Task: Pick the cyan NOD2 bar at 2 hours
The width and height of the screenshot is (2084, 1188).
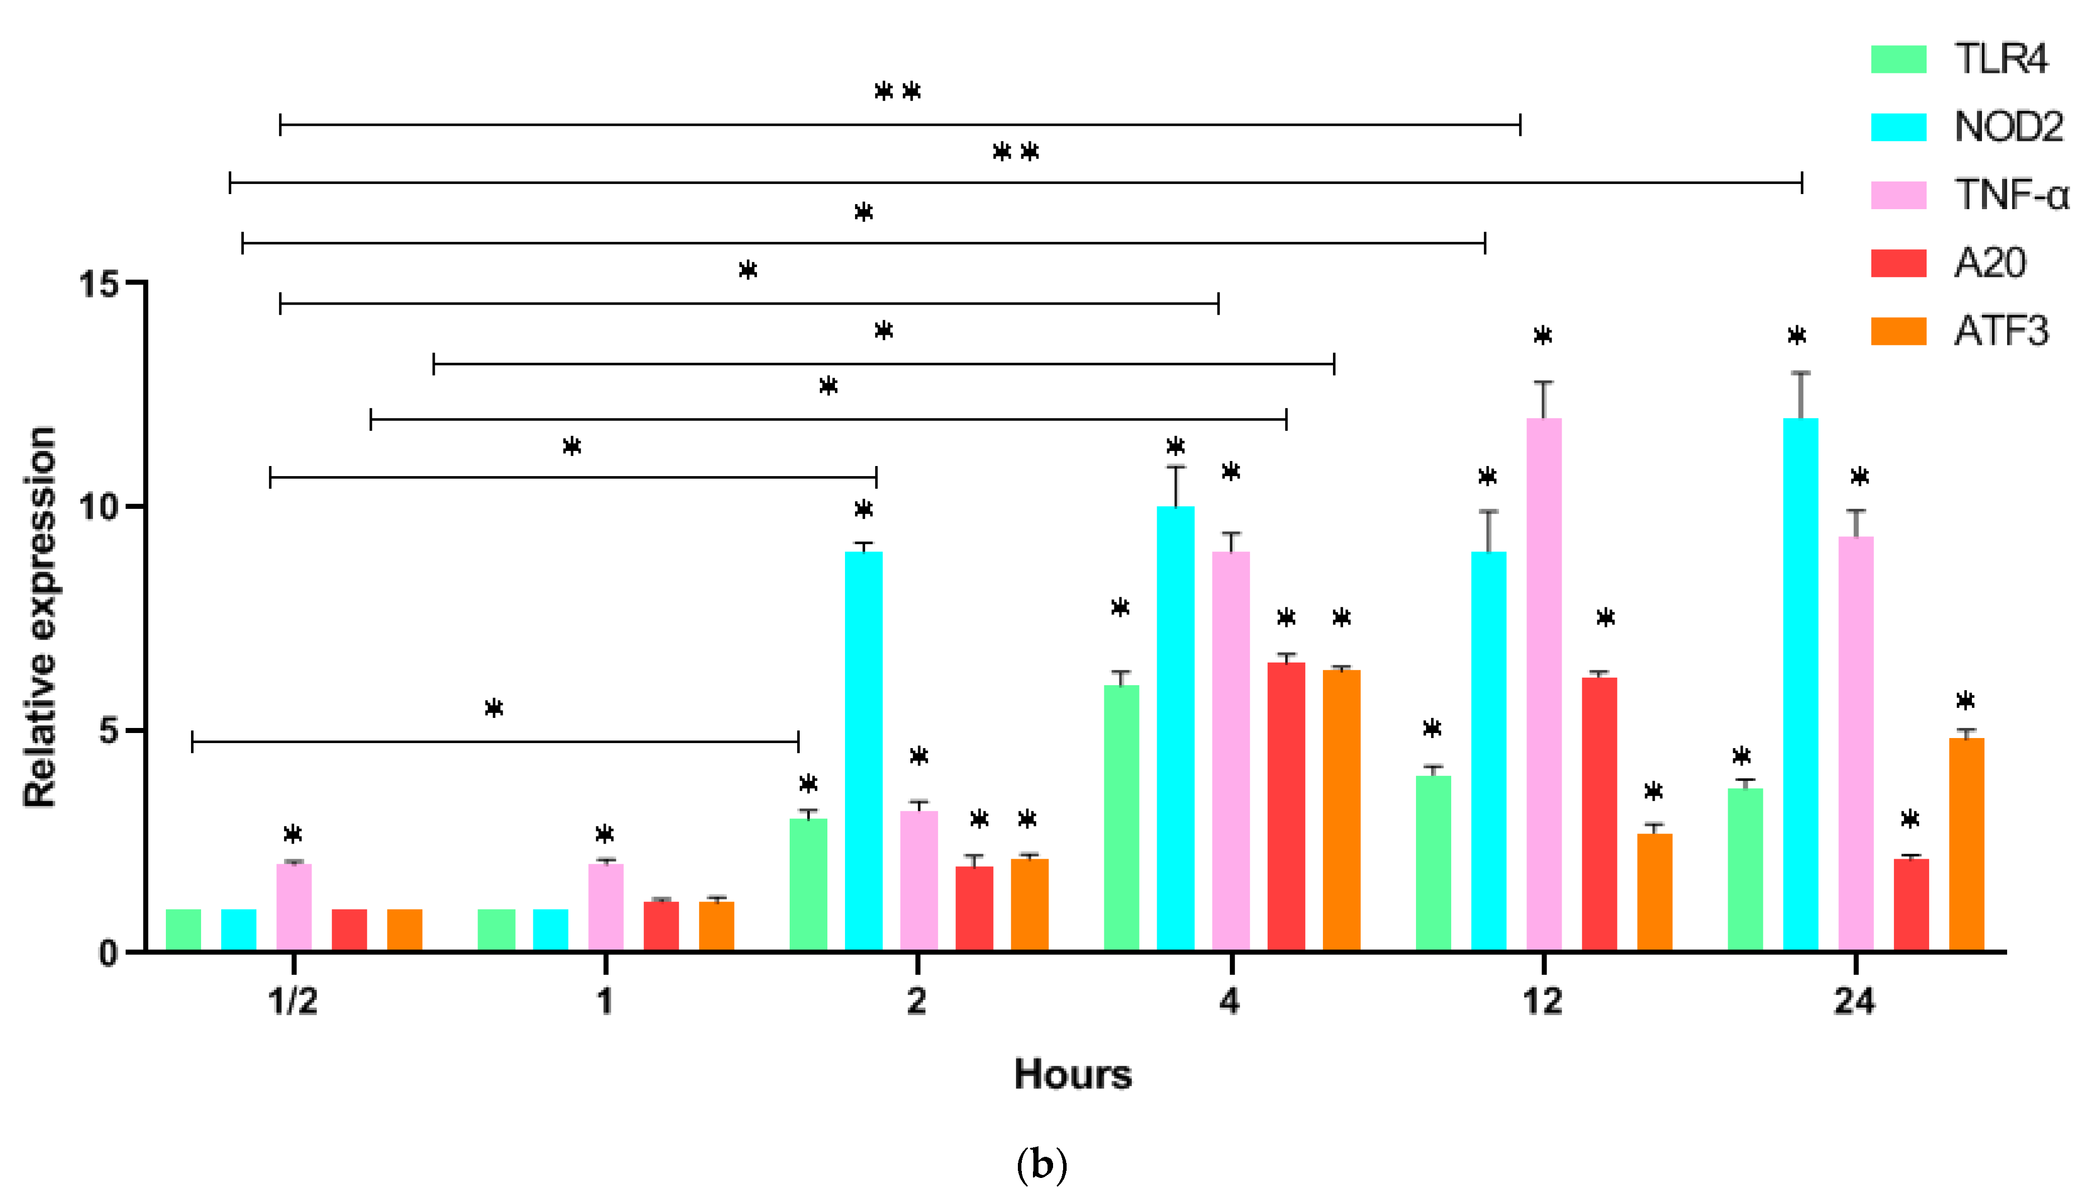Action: pyautogui.click(x=863, y=751)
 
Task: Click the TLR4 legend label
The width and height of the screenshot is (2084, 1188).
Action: pyautogui.click(x=2000, y=59)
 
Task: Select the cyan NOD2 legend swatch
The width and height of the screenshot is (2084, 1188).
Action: pyautogui.click(x=1898, y=127)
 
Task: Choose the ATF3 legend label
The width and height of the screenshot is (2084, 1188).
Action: pyautogui.click(x=2001, y=331)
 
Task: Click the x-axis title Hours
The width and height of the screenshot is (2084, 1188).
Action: pyautogui.click(x=1073, y=1074)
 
